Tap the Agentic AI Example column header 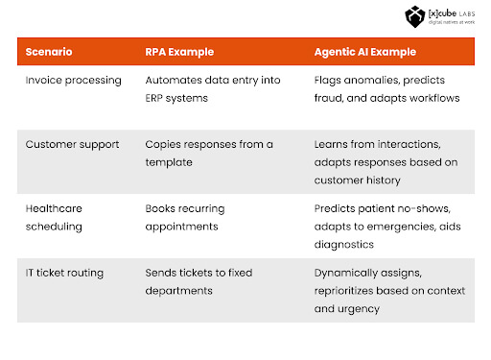click(x=366, y=52)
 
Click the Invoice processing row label click(x=73, y=81)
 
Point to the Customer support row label click(x=72, y=144)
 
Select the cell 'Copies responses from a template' click(x=208, y=153)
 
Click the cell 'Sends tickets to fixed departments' click(x=198, y=281)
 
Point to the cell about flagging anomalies click(x=386, y=88)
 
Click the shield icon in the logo click(x=414, y=16)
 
